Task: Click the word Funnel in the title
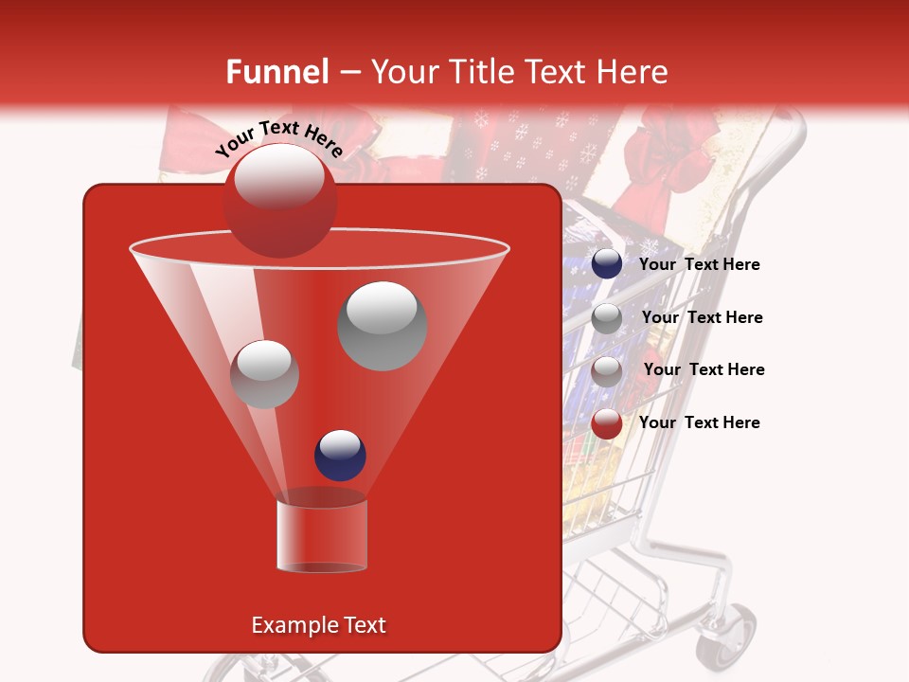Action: (x=276, y=72)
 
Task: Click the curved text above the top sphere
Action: (x=278, y=137)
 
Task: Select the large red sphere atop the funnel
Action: (x=279, y=200)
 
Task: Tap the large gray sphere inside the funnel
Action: (x=382, y=326)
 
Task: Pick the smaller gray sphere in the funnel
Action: (x=264, y=374)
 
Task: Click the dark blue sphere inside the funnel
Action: (x=340, y=455)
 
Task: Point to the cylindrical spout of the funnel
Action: (x=322, y=535)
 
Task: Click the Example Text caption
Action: (x=318, y=625)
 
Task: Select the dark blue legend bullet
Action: (x=607, y=264)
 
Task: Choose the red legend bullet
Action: (x=607, y=423)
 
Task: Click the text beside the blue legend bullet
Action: (x=699, y=265)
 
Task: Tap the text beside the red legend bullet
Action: (x=699, y=422)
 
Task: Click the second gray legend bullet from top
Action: (x=607, y=318)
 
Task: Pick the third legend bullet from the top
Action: (x=607, y=370)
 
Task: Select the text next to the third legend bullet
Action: (x=704, y=369)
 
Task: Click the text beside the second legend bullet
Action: (x=702, y=317)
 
